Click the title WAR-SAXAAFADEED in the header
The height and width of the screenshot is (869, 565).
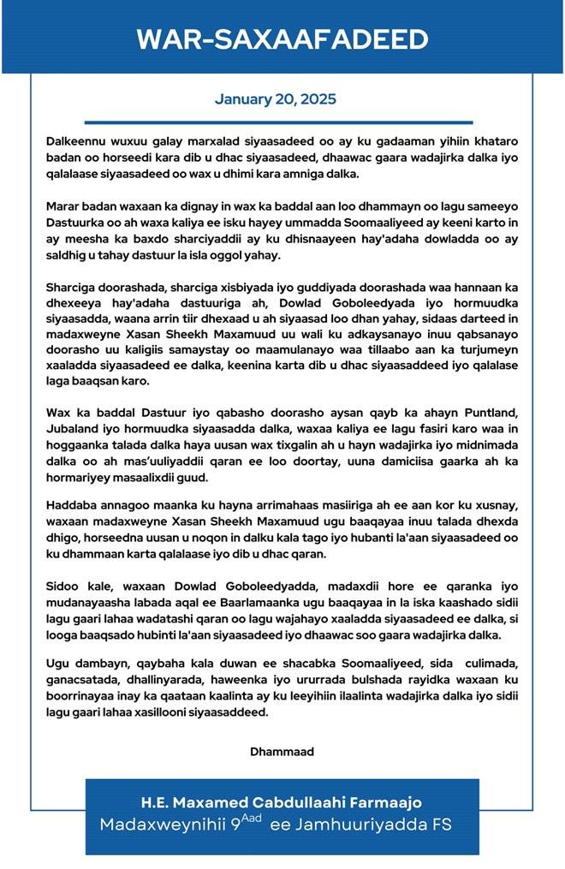click(282, 39)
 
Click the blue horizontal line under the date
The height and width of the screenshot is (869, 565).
click(278, 122)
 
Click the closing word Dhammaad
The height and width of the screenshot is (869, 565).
click(282, 752)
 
